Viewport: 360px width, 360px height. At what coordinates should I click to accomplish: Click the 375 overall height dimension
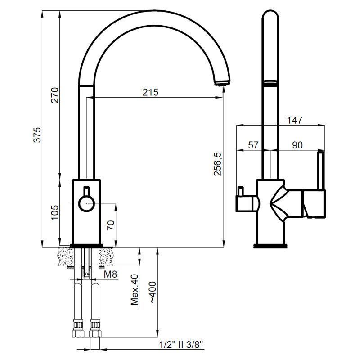pyautogui.click(x=38, y=135)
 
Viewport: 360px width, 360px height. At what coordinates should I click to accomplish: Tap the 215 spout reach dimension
pyautogui.click(x=150, y=92)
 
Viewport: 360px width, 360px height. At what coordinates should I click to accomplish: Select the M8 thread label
pyautogui.click(x=111, y=274)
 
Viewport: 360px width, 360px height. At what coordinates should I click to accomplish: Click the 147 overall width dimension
pyautogui.click(x=294, y=120)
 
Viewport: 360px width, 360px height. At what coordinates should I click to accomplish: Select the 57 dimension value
pyautogui.click(x=253, y=145)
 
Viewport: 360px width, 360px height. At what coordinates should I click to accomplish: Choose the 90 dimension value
pyautogui.click(x=297, y=145)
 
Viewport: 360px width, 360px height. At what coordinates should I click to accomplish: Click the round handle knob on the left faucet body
pyautogui.click(x=85, y=203)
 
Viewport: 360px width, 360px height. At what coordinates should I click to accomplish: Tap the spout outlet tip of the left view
pyautogui.click(x=221, y=83)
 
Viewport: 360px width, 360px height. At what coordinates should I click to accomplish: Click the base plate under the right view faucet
pyautogui.click(x=270, y=246)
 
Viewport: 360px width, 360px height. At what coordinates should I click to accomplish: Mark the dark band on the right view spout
pyautogui.click(x=270, y=82)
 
